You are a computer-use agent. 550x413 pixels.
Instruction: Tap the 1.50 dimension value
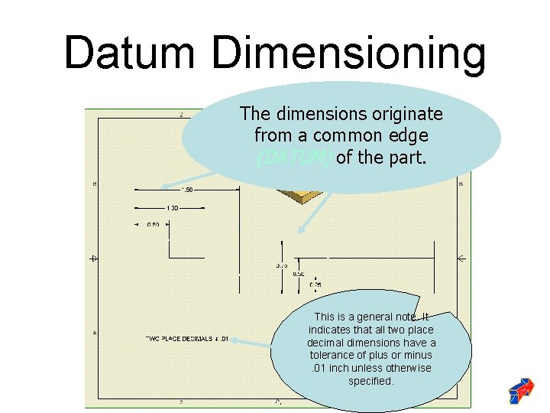click(x=186, y=189)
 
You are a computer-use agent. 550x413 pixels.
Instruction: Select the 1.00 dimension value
click(x=172, y=207)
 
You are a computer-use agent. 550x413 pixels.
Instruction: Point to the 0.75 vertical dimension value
click(x=281, y=265)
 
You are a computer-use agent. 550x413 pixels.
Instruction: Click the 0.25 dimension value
click(x=315, y=285)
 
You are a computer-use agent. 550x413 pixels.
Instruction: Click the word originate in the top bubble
click(x=403, y=114)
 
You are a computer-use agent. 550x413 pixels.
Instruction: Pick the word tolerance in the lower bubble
click(x=335, y=355)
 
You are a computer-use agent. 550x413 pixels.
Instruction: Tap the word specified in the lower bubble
click(x=371, y=380)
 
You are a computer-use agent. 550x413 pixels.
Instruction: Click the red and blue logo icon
click(x=522, y=390)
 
